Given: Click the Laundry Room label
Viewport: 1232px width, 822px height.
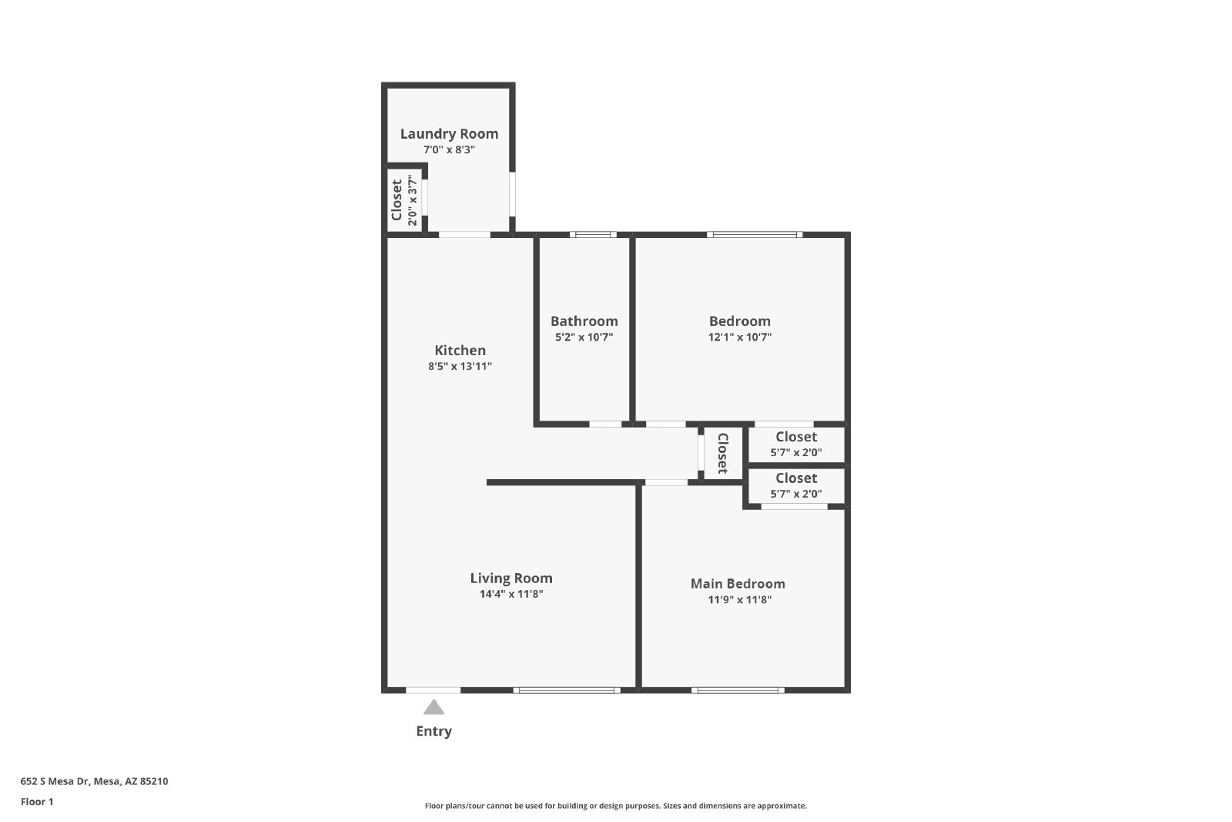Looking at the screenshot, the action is (449, 134).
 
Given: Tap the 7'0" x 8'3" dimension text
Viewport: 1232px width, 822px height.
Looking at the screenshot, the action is (449, 149).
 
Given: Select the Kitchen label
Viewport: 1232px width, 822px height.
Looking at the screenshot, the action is (460, 351).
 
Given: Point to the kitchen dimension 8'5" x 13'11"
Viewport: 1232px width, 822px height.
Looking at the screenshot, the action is (460, 366).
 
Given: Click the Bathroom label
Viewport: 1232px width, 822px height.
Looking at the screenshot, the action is (584, 321).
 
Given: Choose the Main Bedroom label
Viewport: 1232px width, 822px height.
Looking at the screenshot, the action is (738, 584).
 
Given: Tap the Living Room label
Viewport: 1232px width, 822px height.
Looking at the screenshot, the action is (511, 579).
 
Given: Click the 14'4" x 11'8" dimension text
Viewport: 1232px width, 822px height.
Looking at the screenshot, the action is (511, 594).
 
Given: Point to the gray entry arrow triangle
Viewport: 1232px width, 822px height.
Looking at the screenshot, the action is (434, 707).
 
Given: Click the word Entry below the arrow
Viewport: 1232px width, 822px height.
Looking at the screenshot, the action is (434, 731).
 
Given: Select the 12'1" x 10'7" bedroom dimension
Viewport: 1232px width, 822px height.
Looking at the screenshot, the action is (740, 337).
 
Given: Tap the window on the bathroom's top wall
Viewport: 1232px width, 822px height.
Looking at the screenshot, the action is (593, 235).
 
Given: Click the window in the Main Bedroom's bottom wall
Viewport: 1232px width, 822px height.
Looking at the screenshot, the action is (738, 690).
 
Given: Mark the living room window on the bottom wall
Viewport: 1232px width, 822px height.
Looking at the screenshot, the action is (567, 690).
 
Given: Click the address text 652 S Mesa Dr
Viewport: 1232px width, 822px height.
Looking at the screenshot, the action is (55, 781).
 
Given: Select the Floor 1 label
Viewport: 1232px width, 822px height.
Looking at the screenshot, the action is (37, 802).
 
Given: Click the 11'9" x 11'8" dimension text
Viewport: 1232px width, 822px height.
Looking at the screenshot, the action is (740, 599).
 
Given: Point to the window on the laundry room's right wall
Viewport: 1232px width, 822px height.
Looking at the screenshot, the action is (512, 194).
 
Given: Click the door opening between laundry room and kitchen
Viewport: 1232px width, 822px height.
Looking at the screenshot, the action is (464, 235).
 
